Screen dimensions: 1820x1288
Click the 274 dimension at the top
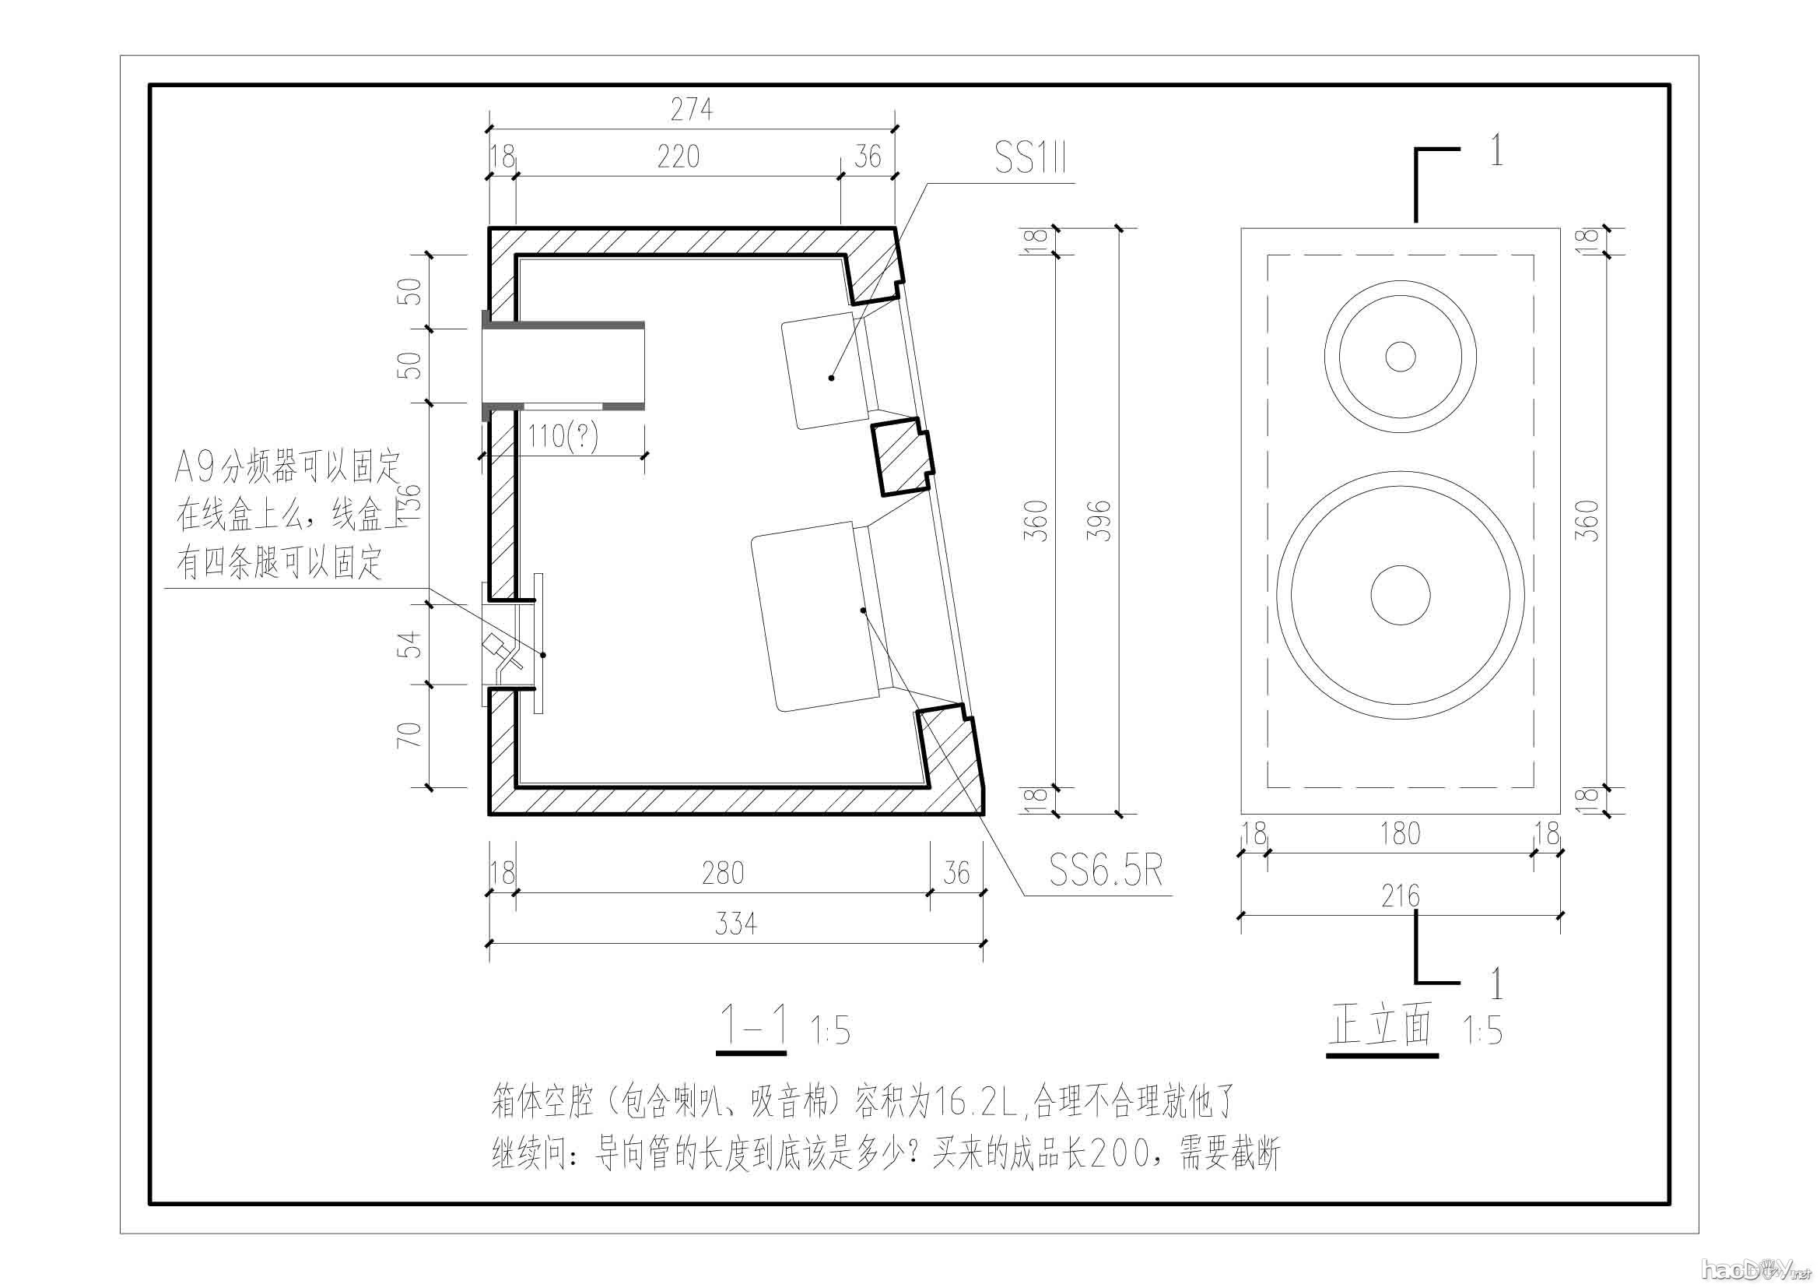pyautogui.click(x=691, y=111)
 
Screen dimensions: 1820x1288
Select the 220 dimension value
pyautogui.click(x=679, y=157)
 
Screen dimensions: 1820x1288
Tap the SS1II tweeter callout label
pyautogui.click(x=1030, y=161)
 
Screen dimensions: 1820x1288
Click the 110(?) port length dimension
pyautogui.click(x=563, y=437)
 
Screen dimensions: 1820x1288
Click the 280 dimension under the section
pyautogui.click(x=723, y=873)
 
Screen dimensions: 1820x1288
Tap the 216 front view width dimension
pyautogui.click(x=1400, y=896)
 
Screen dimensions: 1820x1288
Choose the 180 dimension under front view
pyautogui.click(x=1400, y=833)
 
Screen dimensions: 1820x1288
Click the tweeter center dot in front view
pyautogui.click(x=1401, y=357)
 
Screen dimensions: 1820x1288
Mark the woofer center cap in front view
pyautogui.click(x=1401, y=595)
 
